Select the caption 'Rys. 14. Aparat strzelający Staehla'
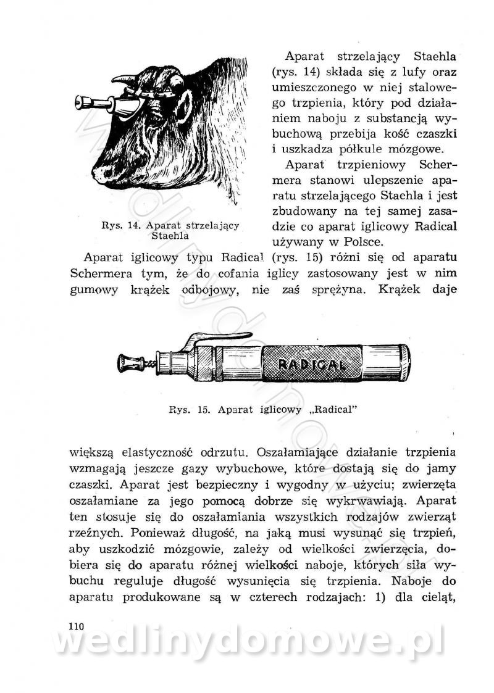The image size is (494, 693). click(x=170, y=230)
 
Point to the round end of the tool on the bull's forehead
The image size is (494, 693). click(x=80, y=101)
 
